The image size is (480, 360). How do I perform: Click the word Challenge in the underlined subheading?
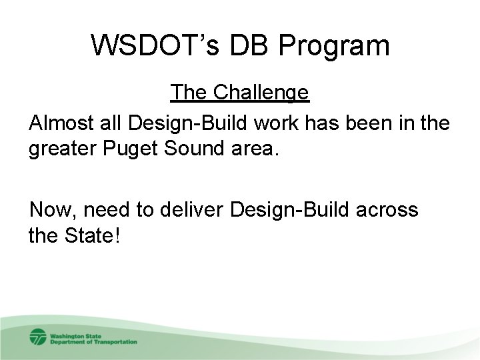coord(261,92)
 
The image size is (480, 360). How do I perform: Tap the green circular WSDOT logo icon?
coord(37,337)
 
